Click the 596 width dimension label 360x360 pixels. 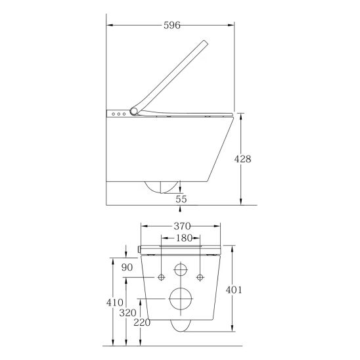click(x=172, y=25)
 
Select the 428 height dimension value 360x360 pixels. click(x=242, y=159)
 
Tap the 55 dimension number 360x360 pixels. click(x=181, y=199)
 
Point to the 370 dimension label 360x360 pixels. click(x=182, y=227)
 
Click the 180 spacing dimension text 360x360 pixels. click(x=184, y=238)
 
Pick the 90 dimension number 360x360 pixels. click(x=127, y=267)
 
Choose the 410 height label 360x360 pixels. click(x=115, y=303)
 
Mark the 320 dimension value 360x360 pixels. click(x=127, y=313)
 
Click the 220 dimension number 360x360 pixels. click(x=142, y=323)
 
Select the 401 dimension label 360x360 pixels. click(x=234, y=290)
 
